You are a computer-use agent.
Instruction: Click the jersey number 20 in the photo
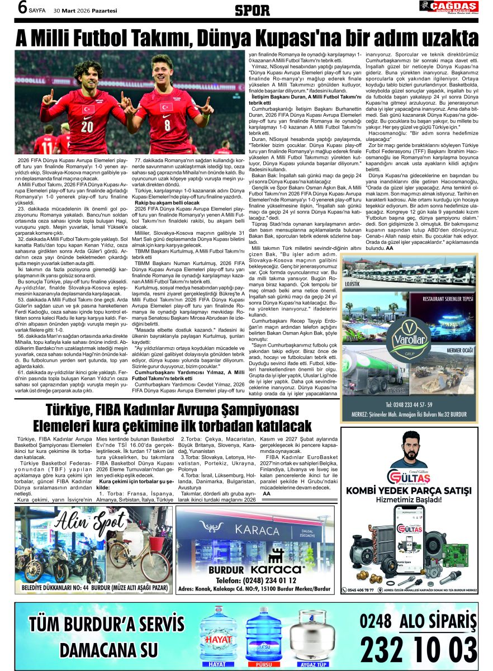pyautogui.click(x=87, y=125)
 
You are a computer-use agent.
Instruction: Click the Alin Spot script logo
pyautogui.click(x=93, y=523)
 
